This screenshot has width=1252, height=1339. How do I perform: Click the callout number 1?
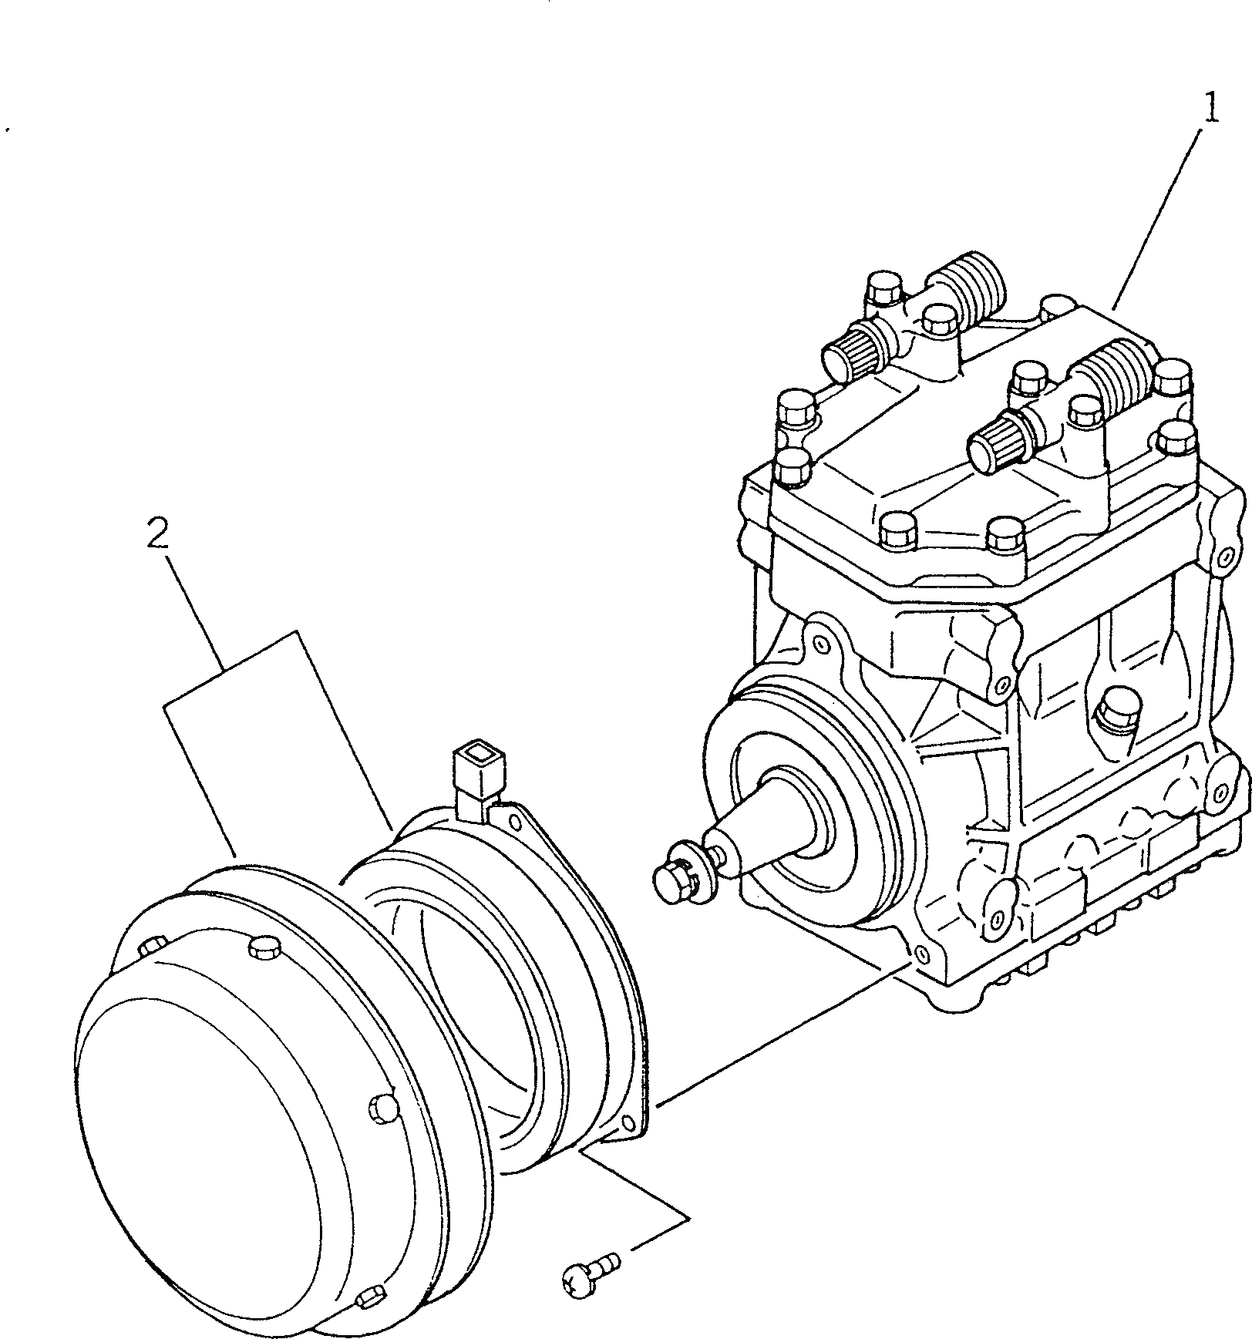click(1211, 109)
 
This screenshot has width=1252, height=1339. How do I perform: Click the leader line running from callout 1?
click(1156, 216)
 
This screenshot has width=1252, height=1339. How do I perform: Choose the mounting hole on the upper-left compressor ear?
click(820, 641)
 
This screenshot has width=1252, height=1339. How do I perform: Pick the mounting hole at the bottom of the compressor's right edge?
click(1220, 792)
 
